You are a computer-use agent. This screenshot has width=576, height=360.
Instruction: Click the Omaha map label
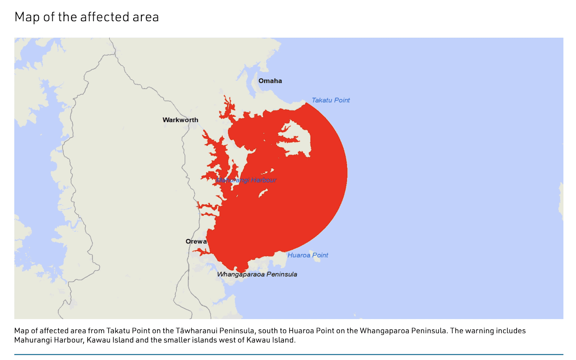tap(270, 81)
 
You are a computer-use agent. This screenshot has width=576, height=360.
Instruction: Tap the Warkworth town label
tap(180, 120)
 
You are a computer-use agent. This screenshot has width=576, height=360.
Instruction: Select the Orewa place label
tap(196, 242)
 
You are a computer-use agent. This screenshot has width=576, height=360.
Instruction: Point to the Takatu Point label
tap(331, 100)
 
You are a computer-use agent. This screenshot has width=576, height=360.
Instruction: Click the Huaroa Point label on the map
tap(308, 255)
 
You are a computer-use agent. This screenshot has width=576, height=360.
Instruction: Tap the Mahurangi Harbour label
tap(246, 180)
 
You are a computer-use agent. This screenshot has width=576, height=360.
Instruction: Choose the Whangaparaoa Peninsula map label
tap(257, 274)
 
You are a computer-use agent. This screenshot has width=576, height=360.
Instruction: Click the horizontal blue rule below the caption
tap(288, 355)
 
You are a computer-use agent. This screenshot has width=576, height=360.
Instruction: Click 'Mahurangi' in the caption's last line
tap(33, 340)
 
